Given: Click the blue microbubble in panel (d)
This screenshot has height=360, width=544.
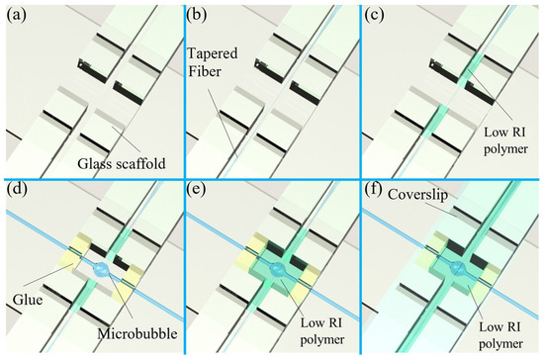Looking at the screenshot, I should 99,270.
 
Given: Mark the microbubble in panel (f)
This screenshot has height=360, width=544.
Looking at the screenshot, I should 459,269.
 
